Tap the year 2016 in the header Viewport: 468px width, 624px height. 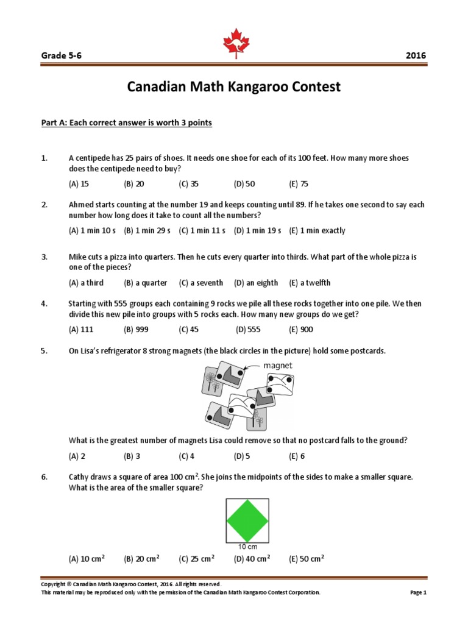tap(416, 55)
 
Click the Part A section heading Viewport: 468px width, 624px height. tap(126, 123)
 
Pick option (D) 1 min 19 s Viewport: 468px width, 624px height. tap(258, 230)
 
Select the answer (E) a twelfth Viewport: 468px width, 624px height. tap(310, 283)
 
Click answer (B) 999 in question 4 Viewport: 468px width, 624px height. tap(136, 330)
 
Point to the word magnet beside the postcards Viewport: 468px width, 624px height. tap(278, 366)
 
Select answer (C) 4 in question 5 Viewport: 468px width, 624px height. tap(186, 455)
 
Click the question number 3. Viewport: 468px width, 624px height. tap(44, 257)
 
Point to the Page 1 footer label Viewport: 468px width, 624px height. tap(415, 592)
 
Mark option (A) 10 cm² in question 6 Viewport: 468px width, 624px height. tap(87, 558)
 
